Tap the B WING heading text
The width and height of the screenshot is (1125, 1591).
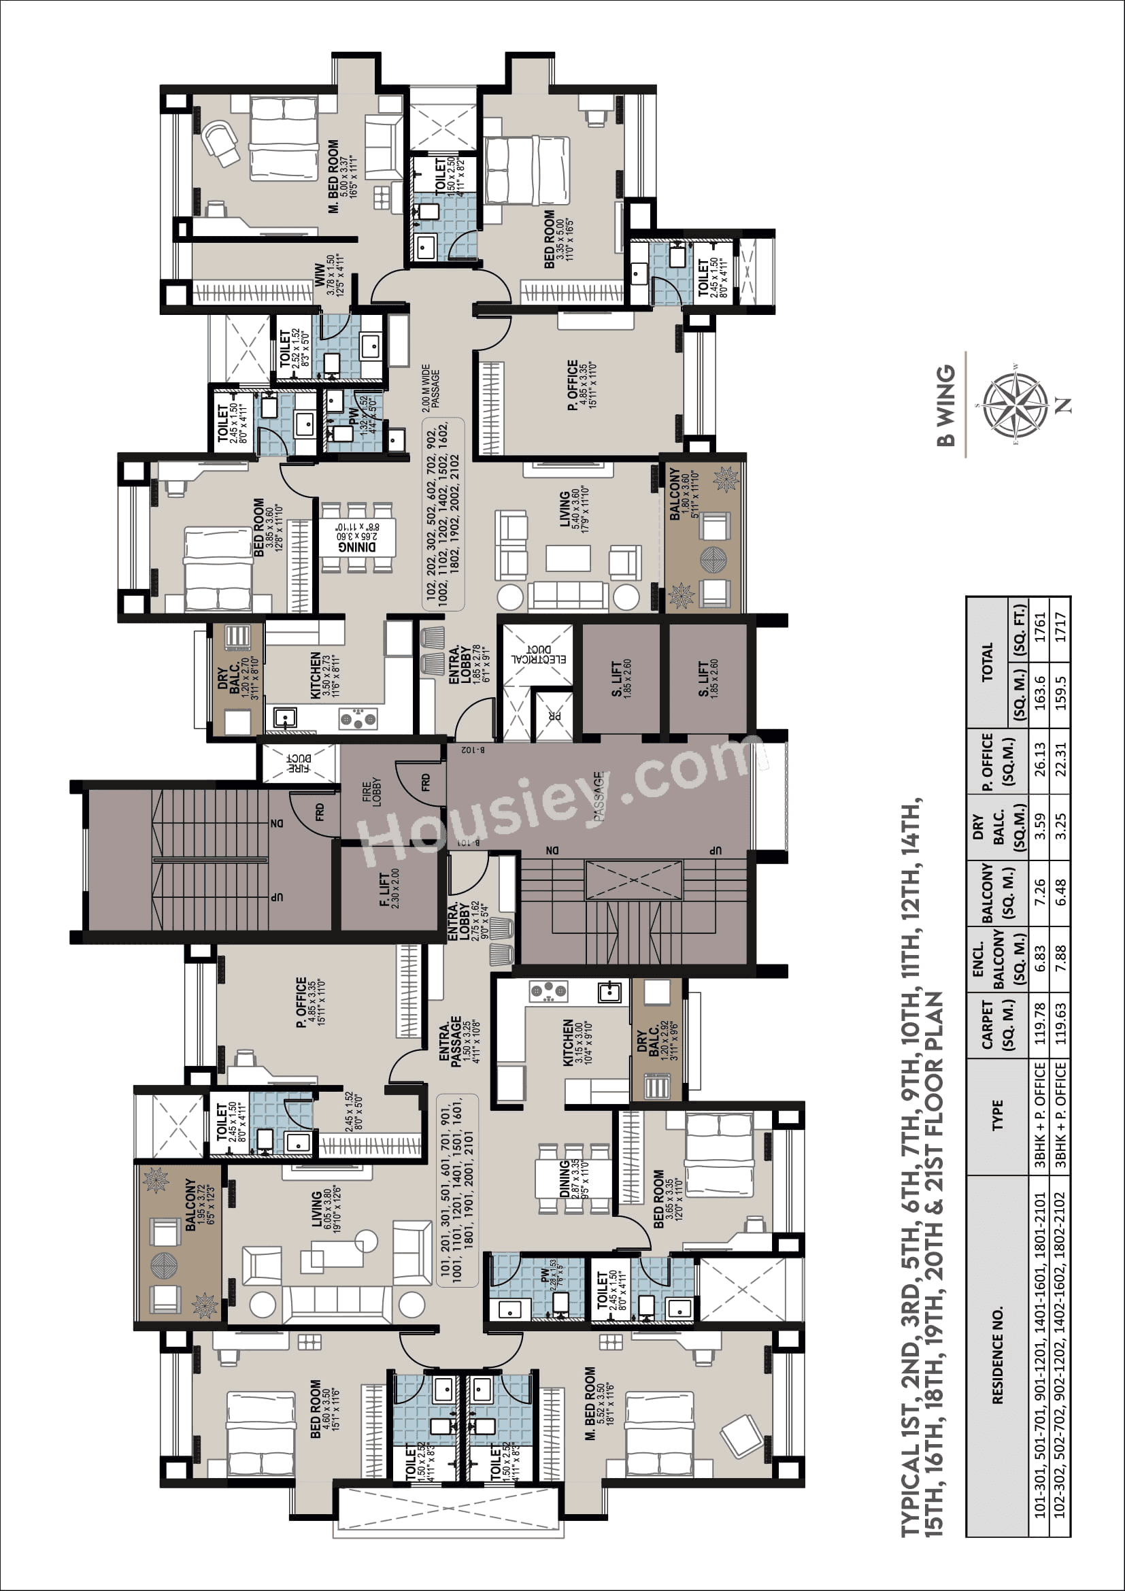[945, 405]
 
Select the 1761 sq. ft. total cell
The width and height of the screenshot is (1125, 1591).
[1039, 627]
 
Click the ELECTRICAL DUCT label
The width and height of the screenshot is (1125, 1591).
[538, 654]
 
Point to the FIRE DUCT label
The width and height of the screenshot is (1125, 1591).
[299, 764]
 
